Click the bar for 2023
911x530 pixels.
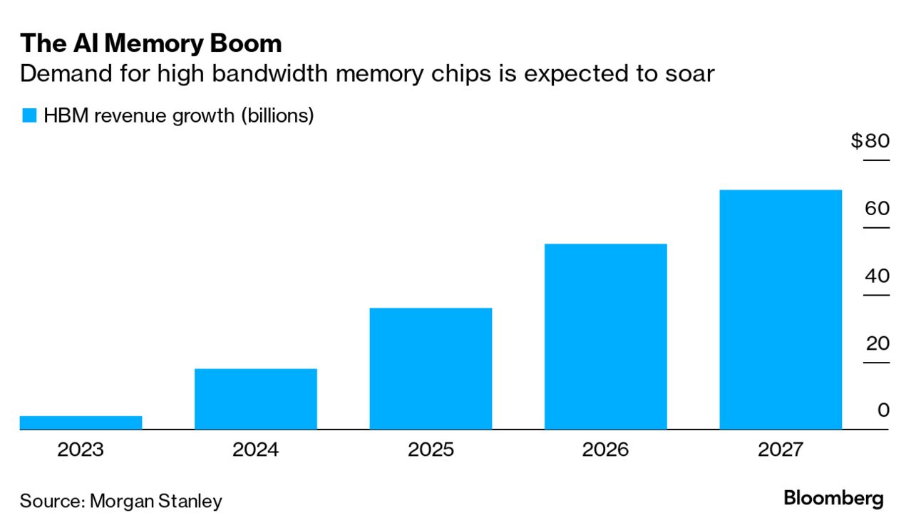(x=81, y=422)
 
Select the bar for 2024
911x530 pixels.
(x=255, y=399)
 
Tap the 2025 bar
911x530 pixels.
(x=431, y=368)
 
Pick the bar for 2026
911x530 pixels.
(x=605, y=336)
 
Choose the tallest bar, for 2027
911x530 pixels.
(x=781, y=309)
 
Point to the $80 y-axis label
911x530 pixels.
(x=870, y=141)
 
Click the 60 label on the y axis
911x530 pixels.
(x=877, y=209)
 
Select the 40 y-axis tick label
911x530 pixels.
(x=877, y=276)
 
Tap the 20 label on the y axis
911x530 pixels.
(x=877, y=344)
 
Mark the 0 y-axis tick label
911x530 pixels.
(x=883, y=411)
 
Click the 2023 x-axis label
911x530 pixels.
(x=81, y=450)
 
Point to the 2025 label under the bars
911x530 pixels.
(x=431, y=450)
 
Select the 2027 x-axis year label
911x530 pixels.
(x=781, y=450)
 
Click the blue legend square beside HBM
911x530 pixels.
(x=29, y=115)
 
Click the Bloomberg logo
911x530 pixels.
(x=833, y=499)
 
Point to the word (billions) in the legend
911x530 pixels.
(x=277, y=115)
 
